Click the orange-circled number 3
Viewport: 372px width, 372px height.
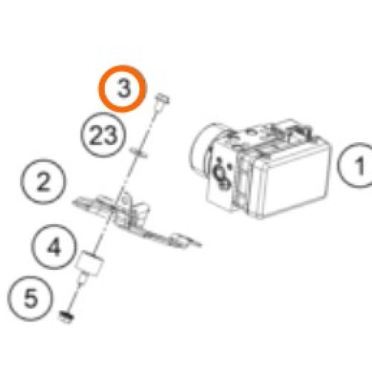122,89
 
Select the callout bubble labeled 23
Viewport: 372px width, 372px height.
103,135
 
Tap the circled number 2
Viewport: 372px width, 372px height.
43,182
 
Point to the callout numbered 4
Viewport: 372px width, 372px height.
54,247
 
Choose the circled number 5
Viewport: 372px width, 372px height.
31,298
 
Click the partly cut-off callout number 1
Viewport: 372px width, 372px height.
356,165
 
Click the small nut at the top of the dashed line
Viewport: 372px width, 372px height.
163,100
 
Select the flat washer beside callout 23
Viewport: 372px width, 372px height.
138,153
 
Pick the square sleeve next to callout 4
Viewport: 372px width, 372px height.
89,263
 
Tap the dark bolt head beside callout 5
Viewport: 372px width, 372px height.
66,317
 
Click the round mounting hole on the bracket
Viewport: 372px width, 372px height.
125,199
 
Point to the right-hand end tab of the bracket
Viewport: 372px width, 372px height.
181,240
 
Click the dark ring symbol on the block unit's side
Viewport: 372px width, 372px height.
222,176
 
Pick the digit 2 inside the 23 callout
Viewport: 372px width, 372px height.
96,135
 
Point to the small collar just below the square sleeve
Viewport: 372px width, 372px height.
82,280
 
